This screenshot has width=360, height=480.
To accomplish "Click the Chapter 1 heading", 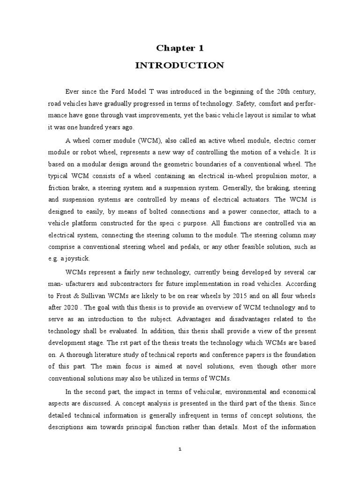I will (180, 48).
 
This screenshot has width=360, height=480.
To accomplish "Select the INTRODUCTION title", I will (180, 65).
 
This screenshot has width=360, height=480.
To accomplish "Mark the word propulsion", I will (256, 176).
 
